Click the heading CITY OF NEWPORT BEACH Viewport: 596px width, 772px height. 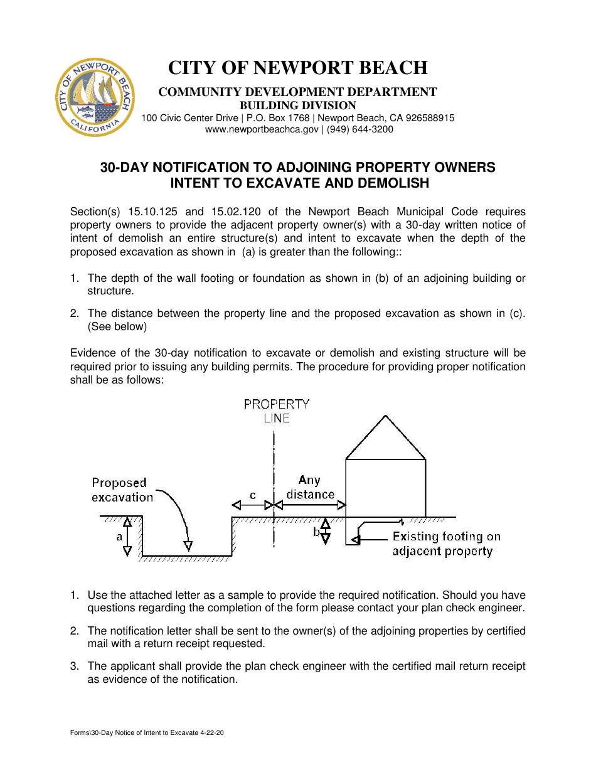297,68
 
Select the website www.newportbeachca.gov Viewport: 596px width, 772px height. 262,129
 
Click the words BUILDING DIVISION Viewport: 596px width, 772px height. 297,105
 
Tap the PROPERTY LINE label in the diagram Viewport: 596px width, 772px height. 277,411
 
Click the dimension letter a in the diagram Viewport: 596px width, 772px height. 119,537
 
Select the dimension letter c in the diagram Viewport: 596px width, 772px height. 252,495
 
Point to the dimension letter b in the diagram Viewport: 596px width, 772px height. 317,532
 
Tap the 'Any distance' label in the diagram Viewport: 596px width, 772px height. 310,487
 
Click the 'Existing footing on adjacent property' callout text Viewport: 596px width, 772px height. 445,544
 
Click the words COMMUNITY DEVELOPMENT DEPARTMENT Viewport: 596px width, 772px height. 297,92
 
